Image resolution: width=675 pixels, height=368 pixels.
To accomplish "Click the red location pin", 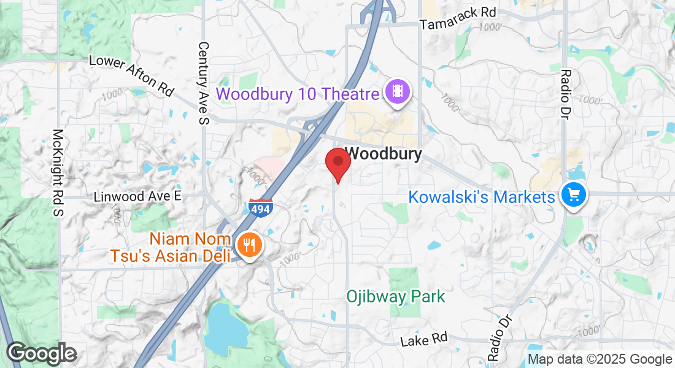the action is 337,163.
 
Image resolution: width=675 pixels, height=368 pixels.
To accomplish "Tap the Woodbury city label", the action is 385,153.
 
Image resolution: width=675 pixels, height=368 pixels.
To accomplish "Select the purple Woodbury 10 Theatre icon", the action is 398,92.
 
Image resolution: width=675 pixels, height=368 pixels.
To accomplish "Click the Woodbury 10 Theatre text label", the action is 298,94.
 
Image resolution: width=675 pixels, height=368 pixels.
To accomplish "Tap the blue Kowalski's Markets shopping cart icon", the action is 574,196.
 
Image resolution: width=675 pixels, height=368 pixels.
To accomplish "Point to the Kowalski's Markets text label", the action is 482,197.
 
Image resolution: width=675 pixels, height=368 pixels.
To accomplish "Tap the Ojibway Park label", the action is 395,297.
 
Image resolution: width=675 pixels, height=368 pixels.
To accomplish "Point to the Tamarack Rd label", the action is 458,18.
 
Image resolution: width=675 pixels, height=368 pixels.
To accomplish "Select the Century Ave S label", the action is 204,83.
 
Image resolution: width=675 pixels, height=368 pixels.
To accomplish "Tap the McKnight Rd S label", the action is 58,173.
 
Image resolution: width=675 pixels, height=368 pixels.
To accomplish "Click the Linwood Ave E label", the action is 138,196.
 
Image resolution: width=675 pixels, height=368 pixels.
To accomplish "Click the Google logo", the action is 41,354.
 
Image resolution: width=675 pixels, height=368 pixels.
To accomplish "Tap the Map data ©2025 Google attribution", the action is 600,359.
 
